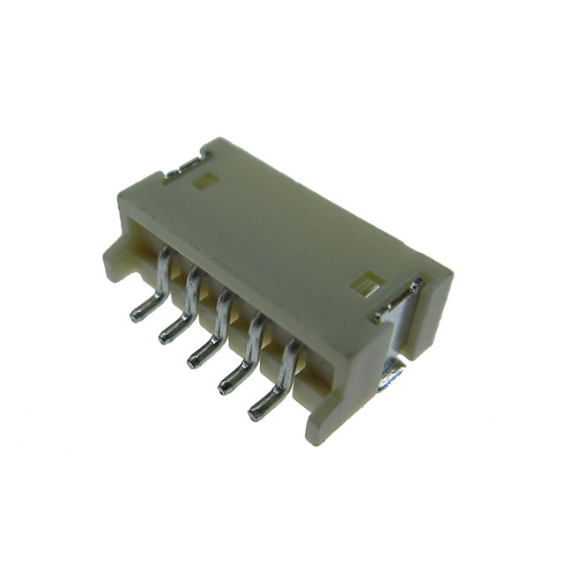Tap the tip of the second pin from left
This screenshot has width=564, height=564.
click(x=165, y=336)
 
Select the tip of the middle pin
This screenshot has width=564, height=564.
click(x=193, y=358)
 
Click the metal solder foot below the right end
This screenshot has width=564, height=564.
click(x=392, y=379)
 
